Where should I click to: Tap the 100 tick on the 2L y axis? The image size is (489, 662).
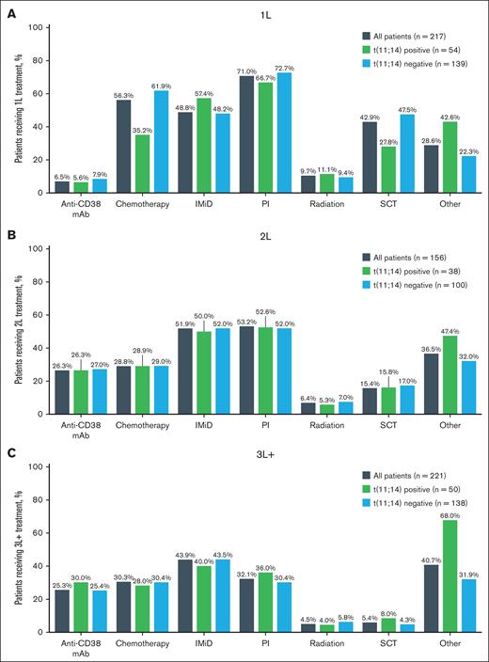[35, 248]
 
